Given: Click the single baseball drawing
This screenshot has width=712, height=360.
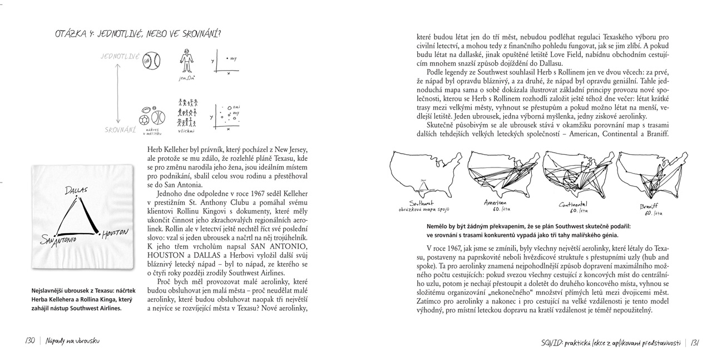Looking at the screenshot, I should point(151,60).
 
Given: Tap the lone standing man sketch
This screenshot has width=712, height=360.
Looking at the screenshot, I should point(187,61).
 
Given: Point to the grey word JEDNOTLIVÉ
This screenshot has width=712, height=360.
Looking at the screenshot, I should point(120,57).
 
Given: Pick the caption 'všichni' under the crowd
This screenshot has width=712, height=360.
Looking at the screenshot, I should point(187,131).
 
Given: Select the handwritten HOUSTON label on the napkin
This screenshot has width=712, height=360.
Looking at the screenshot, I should point(116,233).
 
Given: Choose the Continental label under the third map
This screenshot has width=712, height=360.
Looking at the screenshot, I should point(573,205).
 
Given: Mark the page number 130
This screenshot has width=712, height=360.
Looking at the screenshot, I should point(30,341).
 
